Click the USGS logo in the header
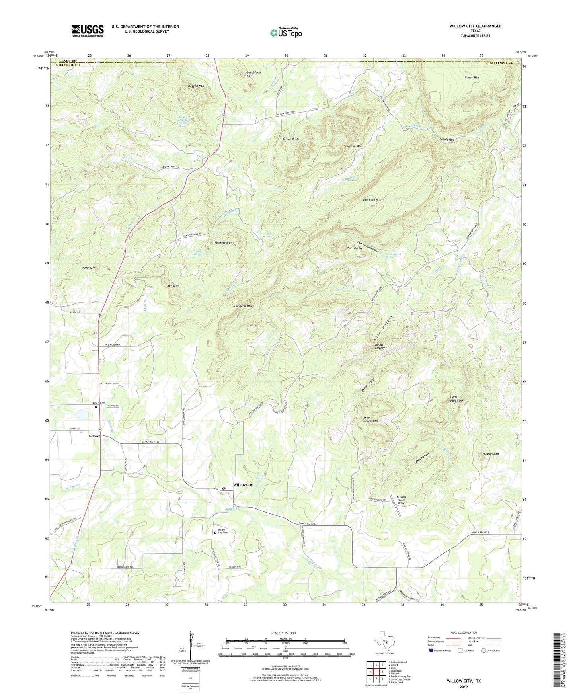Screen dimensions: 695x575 88,31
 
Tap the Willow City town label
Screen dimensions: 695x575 243,485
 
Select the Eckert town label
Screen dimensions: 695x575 94,436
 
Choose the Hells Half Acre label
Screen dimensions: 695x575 456,399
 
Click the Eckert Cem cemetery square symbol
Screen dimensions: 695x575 96,407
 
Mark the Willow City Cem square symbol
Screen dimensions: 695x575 215,533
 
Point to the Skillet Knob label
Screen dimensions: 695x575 290,139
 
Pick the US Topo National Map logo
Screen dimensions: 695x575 286,32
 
